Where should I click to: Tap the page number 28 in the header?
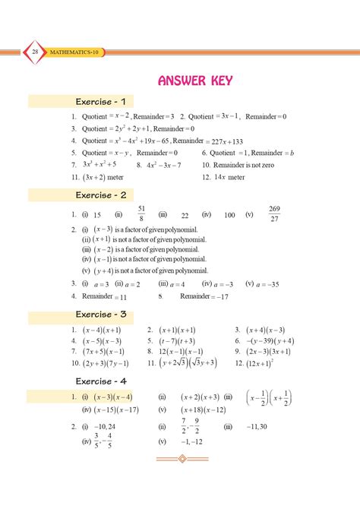pos(36,51)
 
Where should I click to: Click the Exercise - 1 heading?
pos(105,101)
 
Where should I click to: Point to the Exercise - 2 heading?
pos(105,195)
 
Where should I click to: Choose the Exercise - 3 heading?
pos(105,314)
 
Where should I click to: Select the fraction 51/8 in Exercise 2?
pos(141,214)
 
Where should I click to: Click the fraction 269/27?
pos(275,214)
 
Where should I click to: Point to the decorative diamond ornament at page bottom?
pos(182,459)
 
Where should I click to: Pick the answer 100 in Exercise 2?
pos(230,216)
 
